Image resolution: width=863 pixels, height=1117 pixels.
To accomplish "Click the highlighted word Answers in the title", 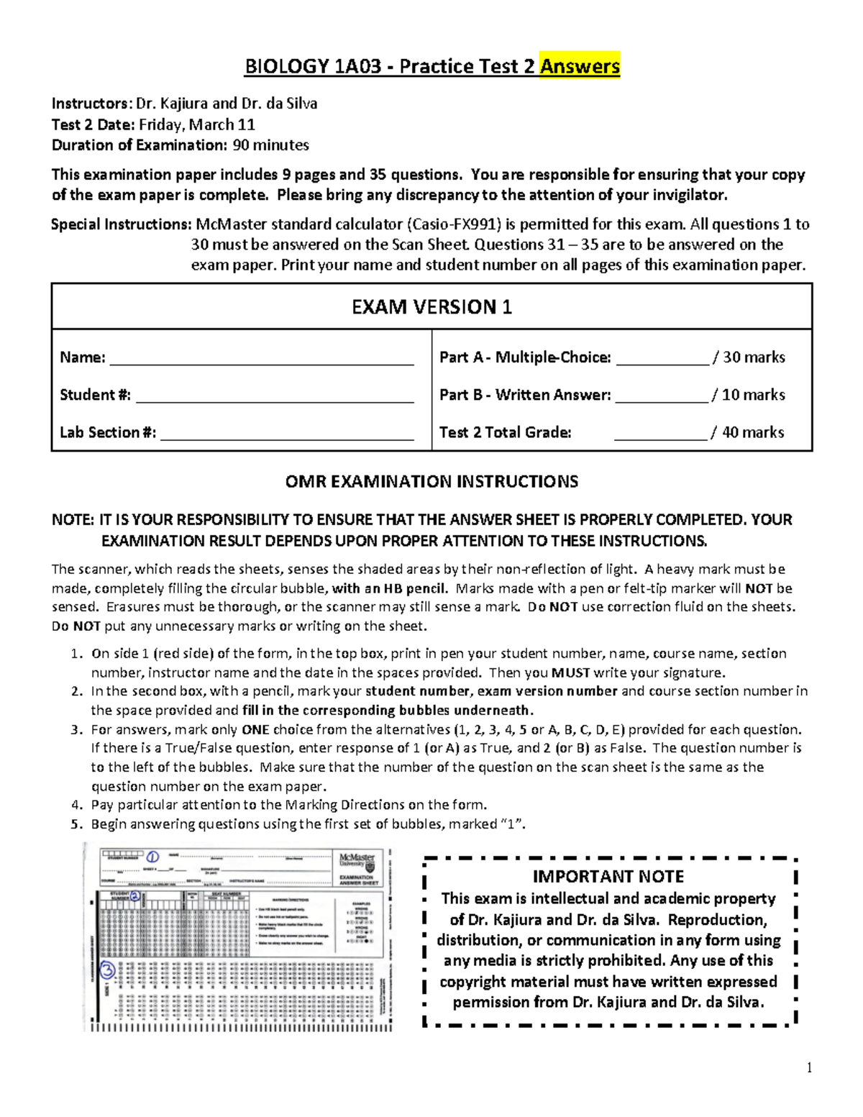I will click(x=580, y=67).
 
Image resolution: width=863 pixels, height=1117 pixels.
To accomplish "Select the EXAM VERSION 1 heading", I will click(x=431, y=307).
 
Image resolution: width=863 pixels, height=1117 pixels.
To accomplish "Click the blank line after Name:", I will click(x=261, y=359).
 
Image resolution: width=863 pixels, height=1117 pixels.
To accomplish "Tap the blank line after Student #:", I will click(x=275, y=396).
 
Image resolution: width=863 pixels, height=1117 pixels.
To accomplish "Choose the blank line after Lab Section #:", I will click(x=287, y=434).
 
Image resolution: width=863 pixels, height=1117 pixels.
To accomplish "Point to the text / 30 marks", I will click(x=749, y=357).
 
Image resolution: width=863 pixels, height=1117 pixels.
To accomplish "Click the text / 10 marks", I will click(x=748, y=395).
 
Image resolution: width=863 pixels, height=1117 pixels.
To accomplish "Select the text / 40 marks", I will click(x=747, y=432).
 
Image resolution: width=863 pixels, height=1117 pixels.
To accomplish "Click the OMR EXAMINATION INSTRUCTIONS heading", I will click(x=431, y=482).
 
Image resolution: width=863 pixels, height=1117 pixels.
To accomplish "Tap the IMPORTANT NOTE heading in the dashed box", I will click(x=608, y=877).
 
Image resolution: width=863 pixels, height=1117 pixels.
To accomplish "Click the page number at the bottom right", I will click(x=809, y=1067).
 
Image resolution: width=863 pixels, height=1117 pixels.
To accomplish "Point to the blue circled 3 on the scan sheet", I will click(x=107, y=971).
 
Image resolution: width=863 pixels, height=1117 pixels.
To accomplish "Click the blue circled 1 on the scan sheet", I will click(x=152, y=857).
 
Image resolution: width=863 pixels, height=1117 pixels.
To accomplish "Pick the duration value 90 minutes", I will click(x=270, y=145).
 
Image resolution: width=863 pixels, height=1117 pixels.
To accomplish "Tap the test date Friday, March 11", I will click(x=197, y=124).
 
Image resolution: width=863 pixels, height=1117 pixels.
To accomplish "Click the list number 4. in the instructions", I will click(x=77, y=805).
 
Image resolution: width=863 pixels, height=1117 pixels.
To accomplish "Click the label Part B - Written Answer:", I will click(x=525, y=395).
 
